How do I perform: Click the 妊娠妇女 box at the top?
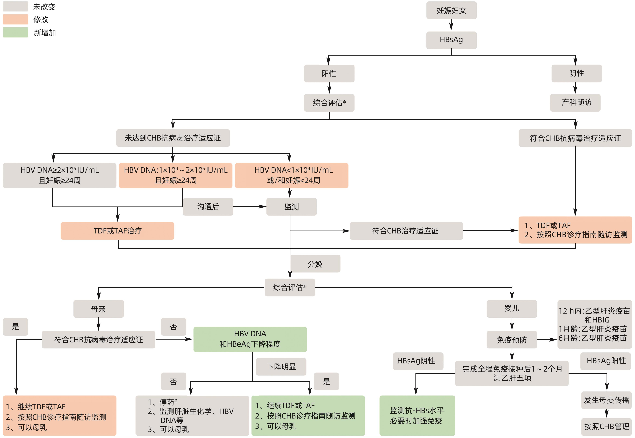451,10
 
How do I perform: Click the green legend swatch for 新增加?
15,32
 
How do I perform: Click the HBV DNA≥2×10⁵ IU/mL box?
60,175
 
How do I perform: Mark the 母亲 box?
98,309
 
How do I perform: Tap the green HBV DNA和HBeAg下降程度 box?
250,339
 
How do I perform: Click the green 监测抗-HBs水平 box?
417,415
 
